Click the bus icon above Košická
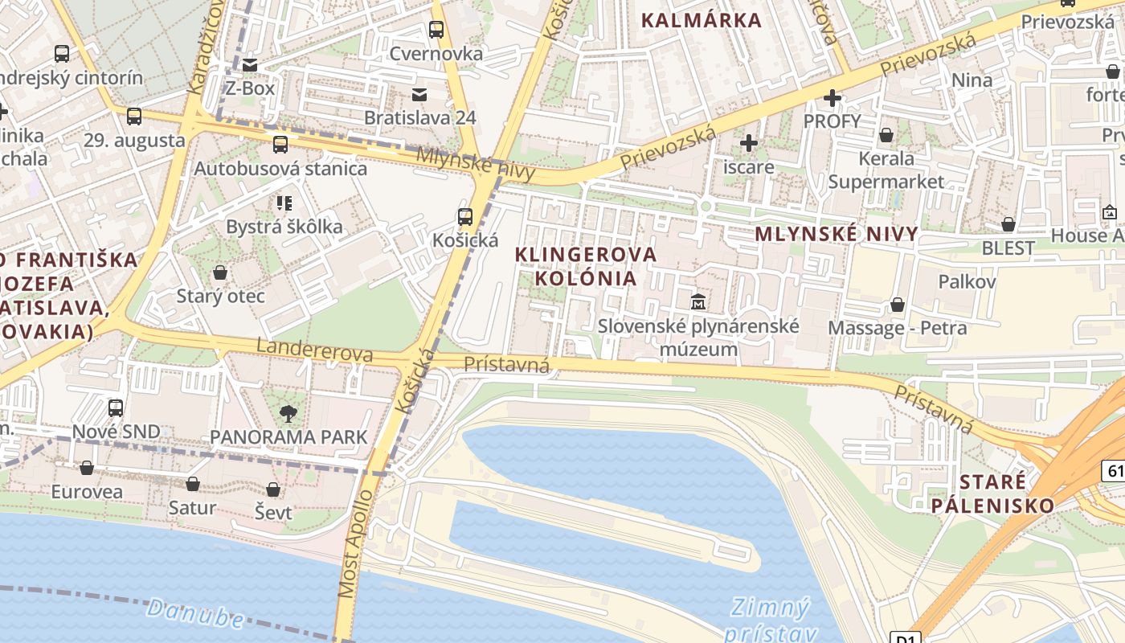[465, 216]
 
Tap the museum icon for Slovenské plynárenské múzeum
[698, 302]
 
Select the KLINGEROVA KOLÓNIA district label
[585, 266]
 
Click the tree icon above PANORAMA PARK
[288, 414]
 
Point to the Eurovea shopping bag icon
[87, 468]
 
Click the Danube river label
[195, 613]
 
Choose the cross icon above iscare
[749, 143]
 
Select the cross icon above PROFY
[832, 98]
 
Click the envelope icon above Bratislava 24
[419, 94]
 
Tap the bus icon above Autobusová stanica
[280, 145]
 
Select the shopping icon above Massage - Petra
[898, 305]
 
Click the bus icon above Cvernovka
[436, 30]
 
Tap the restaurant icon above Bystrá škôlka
[284, 203]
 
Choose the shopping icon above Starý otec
[220, 272]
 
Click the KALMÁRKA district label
[701, 21]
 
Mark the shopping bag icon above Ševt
[273, 489]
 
